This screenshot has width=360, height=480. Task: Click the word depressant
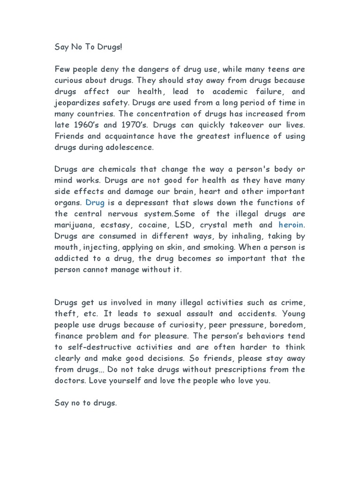coord(142,202)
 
